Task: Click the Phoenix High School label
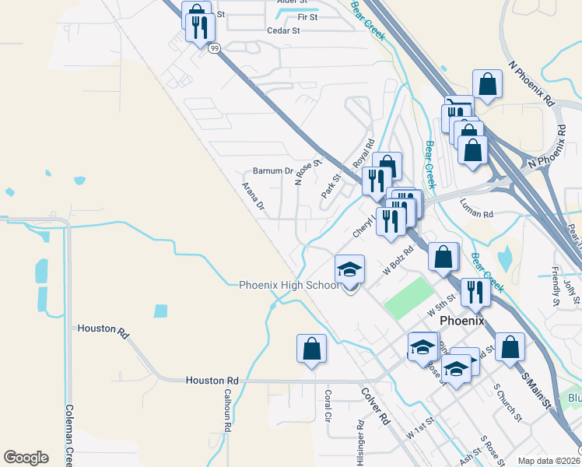coord(289,285)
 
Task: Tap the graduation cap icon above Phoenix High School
coord(349,270)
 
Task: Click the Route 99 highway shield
coord(214,47)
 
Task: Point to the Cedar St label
coord(283,31)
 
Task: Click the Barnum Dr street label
coord(272,171)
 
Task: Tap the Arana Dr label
coord(253,197)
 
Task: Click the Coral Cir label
coord(328,406)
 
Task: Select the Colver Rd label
coord(374,405)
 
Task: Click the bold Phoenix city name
coord(461,321)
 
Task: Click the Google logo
coord(26,458)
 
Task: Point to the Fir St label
coord(307,16)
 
